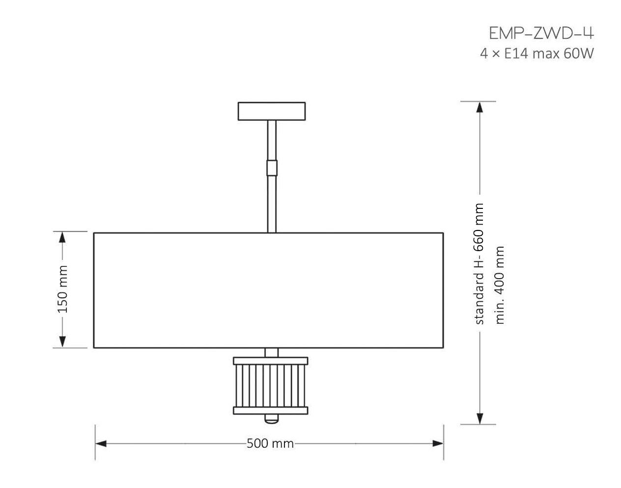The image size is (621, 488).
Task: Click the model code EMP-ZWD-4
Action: point(541,33)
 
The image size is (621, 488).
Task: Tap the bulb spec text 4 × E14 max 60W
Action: point(536,54)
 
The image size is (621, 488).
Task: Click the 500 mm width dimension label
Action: point(270,444)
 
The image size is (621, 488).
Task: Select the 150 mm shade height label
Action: point(62,289)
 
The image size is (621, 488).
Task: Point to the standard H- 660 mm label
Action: point(479,264)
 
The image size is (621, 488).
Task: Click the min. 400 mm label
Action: point(500,285)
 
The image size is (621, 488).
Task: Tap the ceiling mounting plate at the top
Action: point(271,111)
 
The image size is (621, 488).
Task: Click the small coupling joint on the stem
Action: point(272,168)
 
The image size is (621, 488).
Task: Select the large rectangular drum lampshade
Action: point(268,290)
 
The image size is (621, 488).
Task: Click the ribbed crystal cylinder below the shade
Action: point(271,386)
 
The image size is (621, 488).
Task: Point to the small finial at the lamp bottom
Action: point(271,419)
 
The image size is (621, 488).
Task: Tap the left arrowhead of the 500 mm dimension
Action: point(101,444)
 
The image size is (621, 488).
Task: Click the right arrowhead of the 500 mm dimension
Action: point(438,444)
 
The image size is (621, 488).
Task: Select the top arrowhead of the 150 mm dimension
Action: point(62,238)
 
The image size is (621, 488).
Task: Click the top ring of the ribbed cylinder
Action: point(271,361)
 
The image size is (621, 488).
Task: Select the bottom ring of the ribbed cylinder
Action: point(271,410)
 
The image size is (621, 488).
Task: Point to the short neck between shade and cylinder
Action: point(271,352)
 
